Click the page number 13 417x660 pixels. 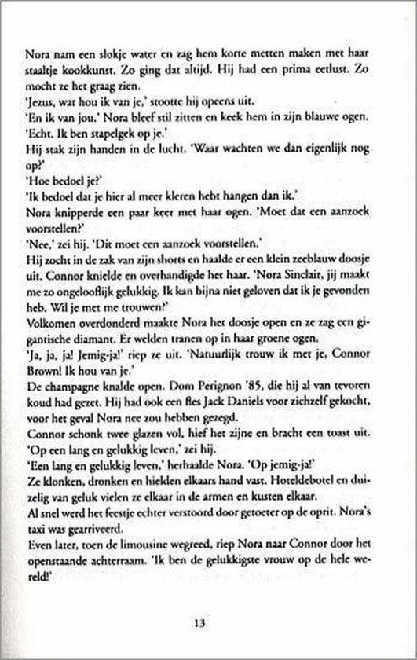click(x=205, y=623)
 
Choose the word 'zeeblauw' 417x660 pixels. click(x=331, y=267)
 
